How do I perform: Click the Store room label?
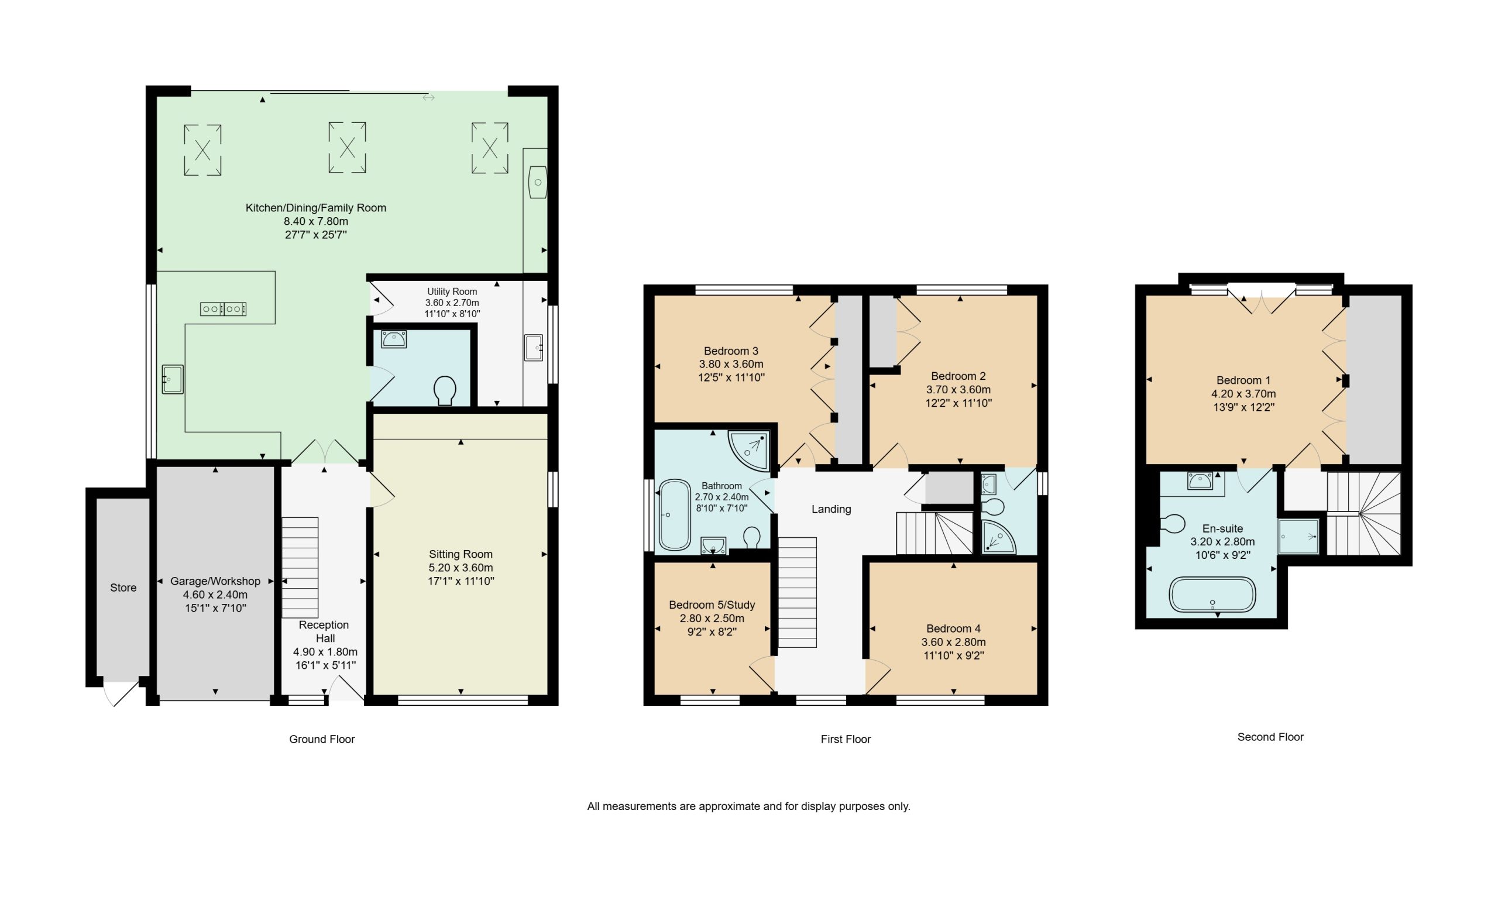click(x=123, y=588)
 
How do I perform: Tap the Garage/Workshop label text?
click(x=215, y=581)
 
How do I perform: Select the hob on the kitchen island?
click(x=224, y=309)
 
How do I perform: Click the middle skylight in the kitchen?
click(x=347, y=147)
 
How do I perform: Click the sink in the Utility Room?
click(x=533, y=348)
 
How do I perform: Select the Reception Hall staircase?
click(x=300, y=567)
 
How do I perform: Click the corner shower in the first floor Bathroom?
click(x=750, y=450)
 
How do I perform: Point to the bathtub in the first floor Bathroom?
click(x=674, y=515)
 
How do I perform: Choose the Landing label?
click(x=831, y=510)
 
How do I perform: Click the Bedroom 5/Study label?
click(x=712, y=605)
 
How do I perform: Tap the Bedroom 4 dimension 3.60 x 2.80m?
click(x=953, y=642)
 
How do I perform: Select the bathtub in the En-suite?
click(x=1212, y=594)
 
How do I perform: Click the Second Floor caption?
click(x=1270, y=737)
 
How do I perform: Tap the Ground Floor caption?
click(x=322, y=739)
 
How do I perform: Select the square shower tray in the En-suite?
click(x=1298, y=536)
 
